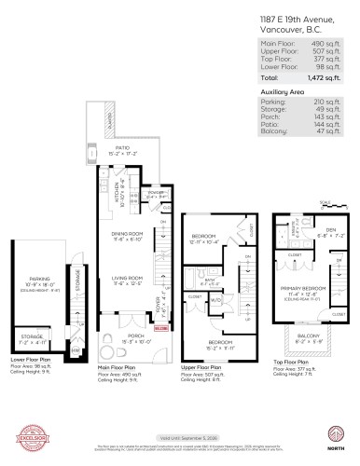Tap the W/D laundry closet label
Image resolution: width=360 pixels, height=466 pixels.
pyautogui.click(x=215, y=300)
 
